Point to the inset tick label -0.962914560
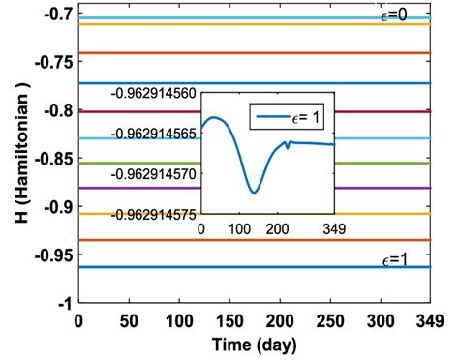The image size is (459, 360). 154,93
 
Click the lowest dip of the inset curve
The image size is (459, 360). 254,193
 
